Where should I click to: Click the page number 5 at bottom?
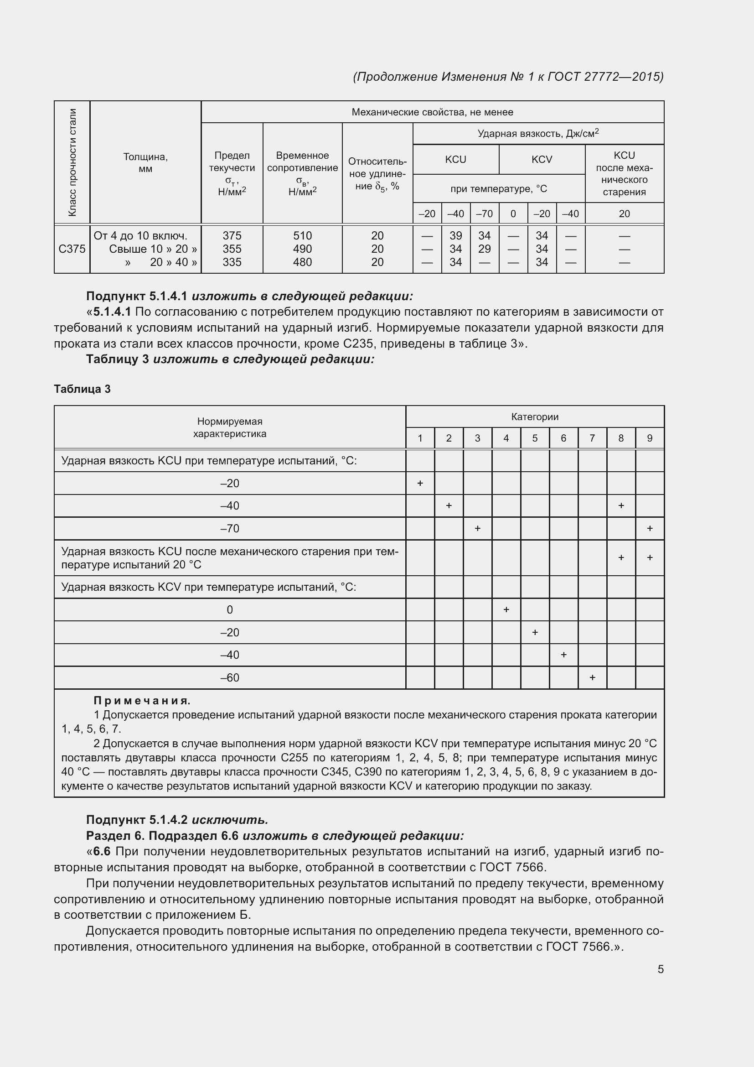pyautogui.click(x=660, y=969)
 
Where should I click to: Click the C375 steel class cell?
pyautogui.click(x=72, y=249)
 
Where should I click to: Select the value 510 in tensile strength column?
pyautogui.click(x=302, y=235)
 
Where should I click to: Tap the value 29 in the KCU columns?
pyautogui.click(x=484, y=249)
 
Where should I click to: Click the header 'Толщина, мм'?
pyautogui.click(x=145, y=162)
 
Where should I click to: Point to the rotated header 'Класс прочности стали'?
pyautogui.click(x=72, y=162)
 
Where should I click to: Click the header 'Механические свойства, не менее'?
pyautogui.click(x=432, y=112)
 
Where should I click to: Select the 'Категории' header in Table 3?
pyautogui.click(x=534, y=417)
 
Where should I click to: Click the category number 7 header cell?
pyautogui.click(x=592, y=438)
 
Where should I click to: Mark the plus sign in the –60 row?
pyautogui.click(x=592, y=678)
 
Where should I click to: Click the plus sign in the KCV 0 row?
pyautogui.click(x=506, y=610)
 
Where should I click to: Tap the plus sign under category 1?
pyautogui.click(x=420, y=483)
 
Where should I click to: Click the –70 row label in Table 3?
pyautogui.click(x=230, y=528)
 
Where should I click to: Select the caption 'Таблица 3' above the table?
pyautogui.click(x=82, y=389)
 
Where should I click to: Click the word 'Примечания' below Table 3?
pyautogui.click(x=142, y=700)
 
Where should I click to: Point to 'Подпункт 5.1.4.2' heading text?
pyautogui.click(x=136, y=819)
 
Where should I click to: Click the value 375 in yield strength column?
pyautogui.click(x=232, y=235)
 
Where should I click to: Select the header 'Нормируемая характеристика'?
pyautogui.click(x=230, y=427)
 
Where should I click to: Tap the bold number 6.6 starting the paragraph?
pyautogui.click(x=102, y=851)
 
